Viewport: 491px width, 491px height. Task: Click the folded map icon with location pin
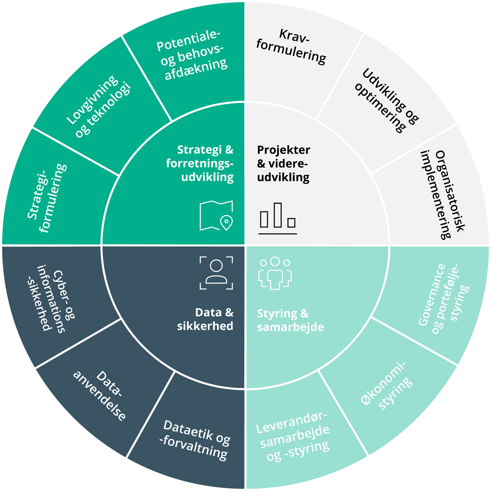(217, 216)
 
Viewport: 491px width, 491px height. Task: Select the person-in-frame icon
(216, 273)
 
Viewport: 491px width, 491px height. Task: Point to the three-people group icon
(275, 273)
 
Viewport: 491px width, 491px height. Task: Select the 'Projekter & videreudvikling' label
(283, 163)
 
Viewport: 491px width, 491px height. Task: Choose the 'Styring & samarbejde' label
(290, 320)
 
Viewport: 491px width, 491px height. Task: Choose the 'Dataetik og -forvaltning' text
(196, 438)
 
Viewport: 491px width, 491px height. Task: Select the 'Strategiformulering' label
(47, 197)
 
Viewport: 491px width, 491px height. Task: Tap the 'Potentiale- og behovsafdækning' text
(192, 55)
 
